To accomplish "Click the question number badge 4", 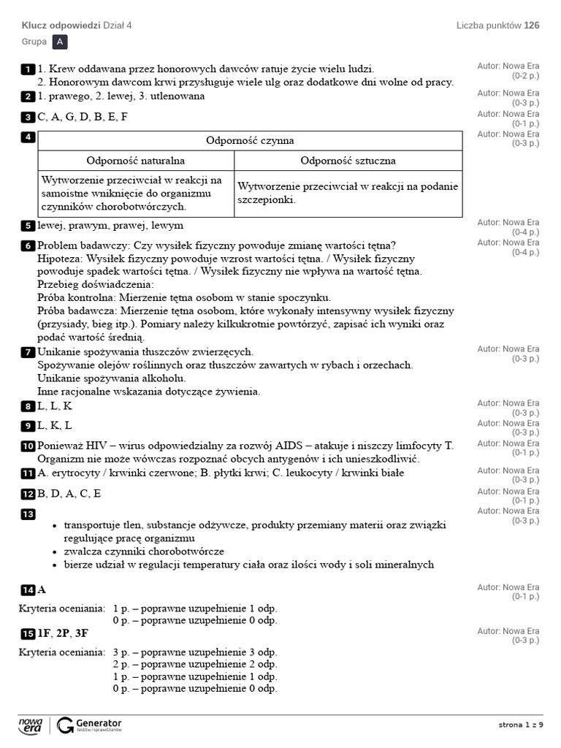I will tap(28, 137).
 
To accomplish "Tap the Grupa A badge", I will tap(60, 42).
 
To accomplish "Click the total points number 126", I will tap(531, 26).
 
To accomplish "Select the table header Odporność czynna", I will tap(250, 140).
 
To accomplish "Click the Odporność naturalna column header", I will tap(136, 161).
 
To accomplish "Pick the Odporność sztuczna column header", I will tap(348, 161).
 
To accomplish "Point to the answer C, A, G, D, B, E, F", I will tap(83, 117).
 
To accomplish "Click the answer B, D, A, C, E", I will tap(69, 494).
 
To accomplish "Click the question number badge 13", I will tap(28, 514).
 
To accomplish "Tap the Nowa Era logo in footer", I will tap(31, 725).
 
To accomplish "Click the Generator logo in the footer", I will tap(89, 725).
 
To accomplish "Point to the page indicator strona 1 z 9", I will tap(521, 725).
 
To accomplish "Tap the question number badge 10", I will tap(28, 446).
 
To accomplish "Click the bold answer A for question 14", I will tap(42, 590).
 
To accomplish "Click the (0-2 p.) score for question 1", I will tap(525, 75).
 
